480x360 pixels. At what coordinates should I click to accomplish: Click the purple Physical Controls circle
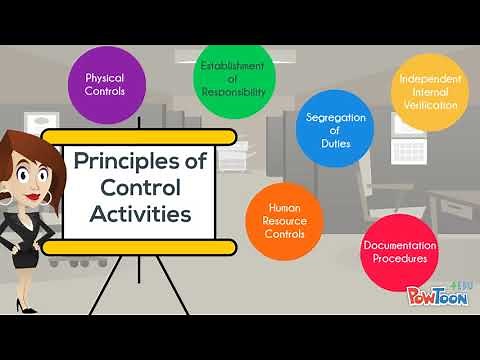[x=104, y=83]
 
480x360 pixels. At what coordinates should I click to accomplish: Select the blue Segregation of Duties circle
[x=335, y=129]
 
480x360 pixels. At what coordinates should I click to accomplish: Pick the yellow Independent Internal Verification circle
[x=429, y=91]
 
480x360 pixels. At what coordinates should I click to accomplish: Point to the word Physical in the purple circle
[x=104, y=76]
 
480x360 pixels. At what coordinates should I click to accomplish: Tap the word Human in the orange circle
[x=284, y=207]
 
